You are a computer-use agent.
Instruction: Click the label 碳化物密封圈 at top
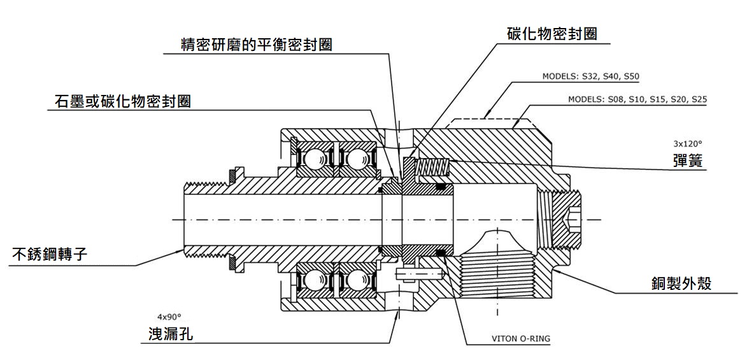coord(551,34)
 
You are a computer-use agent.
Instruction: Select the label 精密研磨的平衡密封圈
coord(257,45)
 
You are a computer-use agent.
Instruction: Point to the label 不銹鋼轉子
coord(50,255)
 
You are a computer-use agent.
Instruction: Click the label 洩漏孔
coord(167,334)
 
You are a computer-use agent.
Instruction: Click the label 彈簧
coord(688,160)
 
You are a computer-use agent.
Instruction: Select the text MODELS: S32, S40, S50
coord(590,76)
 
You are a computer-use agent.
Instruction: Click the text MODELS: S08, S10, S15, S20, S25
coord(637,100)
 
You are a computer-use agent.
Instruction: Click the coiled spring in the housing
coord(433,168)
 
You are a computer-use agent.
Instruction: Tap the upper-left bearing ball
coord(312,159)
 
